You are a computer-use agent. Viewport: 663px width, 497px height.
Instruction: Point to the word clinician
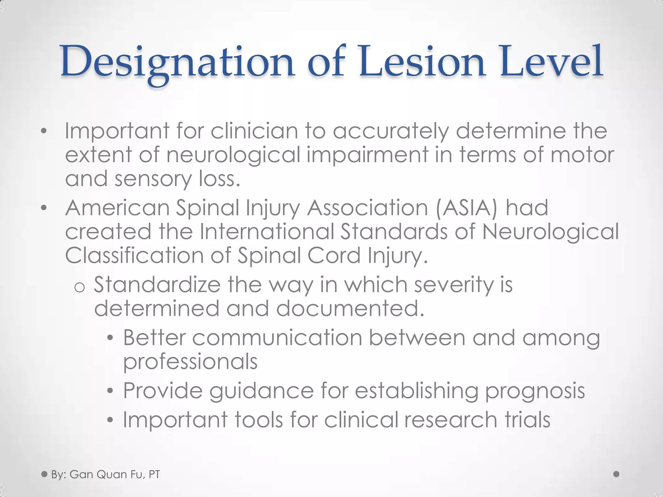pos(254,131)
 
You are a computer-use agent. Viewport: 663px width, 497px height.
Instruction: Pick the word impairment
pos(367,155)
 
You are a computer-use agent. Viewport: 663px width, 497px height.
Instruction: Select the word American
pos(117,208)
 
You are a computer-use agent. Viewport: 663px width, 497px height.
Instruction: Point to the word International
pos(267,232)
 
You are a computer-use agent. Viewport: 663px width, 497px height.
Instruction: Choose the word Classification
pos(134,256)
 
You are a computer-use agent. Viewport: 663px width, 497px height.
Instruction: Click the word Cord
pos(334,256)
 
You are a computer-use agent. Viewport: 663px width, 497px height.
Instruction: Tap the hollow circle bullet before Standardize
pos(80,287)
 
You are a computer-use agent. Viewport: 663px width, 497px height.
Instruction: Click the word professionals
pos(190,362)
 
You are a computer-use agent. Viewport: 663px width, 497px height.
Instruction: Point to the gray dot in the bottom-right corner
pos(616,474)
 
